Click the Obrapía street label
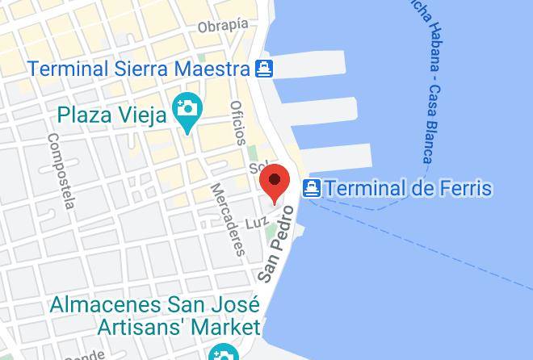[222, 25]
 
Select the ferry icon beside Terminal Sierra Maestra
[264, 69]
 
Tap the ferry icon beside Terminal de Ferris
[311, 190]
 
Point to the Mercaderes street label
[227, 219]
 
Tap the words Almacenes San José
[154, 306]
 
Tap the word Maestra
[218, 68]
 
